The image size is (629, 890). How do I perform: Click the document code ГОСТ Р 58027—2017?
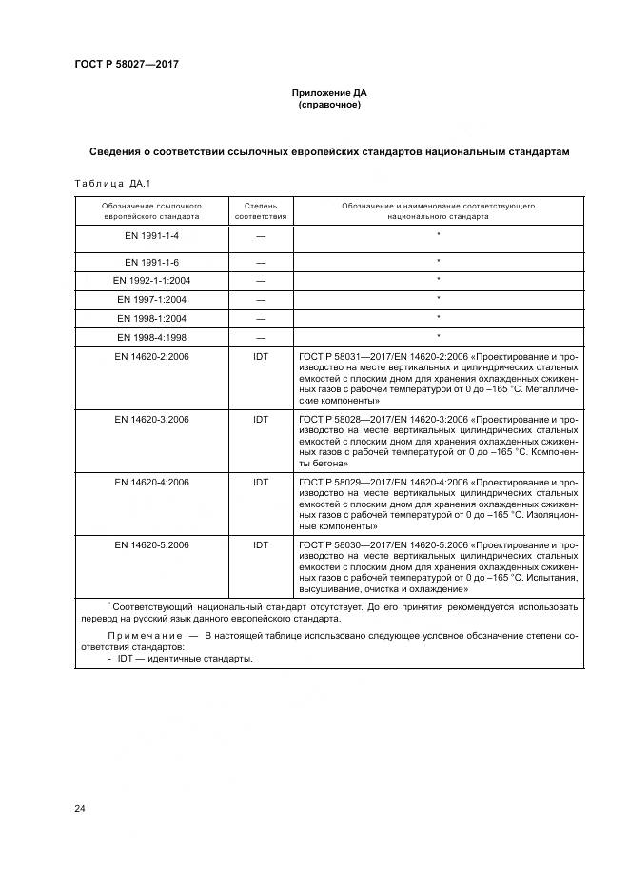pos(127,65)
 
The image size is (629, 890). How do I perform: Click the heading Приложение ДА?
pos(328,93)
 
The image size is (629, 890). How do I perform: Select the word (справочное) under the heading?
pos(328,105)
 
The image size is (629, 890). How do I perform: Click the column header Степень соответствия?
pos(261,210)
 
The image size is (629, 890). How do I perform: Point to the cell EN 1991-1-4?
pos(152,234)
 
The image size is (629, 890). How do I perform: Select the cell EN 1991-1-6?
pos(152,261)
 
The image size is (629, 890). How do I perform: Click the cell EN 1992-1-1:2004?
pos(152,280)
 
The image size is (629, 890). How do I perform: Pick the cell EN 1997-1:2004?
pos(152,299)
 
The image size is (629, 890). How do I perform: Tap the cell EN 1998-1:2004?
pos(152,318)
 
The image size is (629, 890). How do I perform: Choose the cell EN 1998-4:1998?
pos(152,337)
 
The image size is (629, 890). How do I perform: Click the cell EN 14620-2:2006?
pos(152,355)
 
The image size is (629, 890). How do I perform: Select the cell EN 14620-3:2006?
pos(152,419)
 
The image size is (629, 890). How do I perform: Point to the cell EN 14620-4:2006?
pos(152,482)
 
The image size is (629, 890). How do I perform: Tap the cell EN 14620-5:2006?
pos(152,545)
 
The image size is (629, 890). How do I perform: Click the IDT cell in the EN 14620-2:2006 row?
pos(261,355)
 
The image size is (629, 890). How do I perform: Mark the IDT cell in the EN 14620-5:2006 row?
pos(261,545)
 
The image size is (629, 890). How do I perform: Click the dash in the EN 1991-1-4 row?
pos(261,235)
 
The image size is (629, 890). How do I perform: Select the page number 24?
pos(80,809)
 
